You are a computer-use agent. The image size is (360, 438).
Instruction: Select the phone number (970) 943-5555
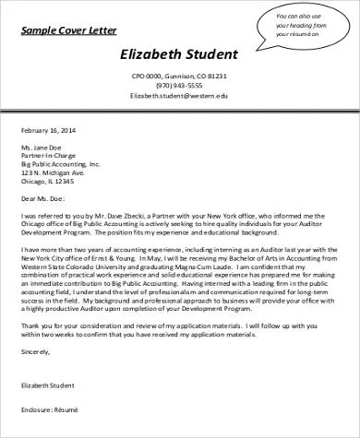pyautogui.click(x=179, y=85)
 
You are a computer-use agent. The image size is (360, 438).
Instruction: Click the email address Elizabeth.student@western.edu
pyautogui.click(x=179, y=95)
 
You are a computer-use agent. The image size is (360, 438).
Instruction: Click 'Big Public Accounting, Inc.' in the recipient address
pyautogui.click(x=60, y=167)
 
